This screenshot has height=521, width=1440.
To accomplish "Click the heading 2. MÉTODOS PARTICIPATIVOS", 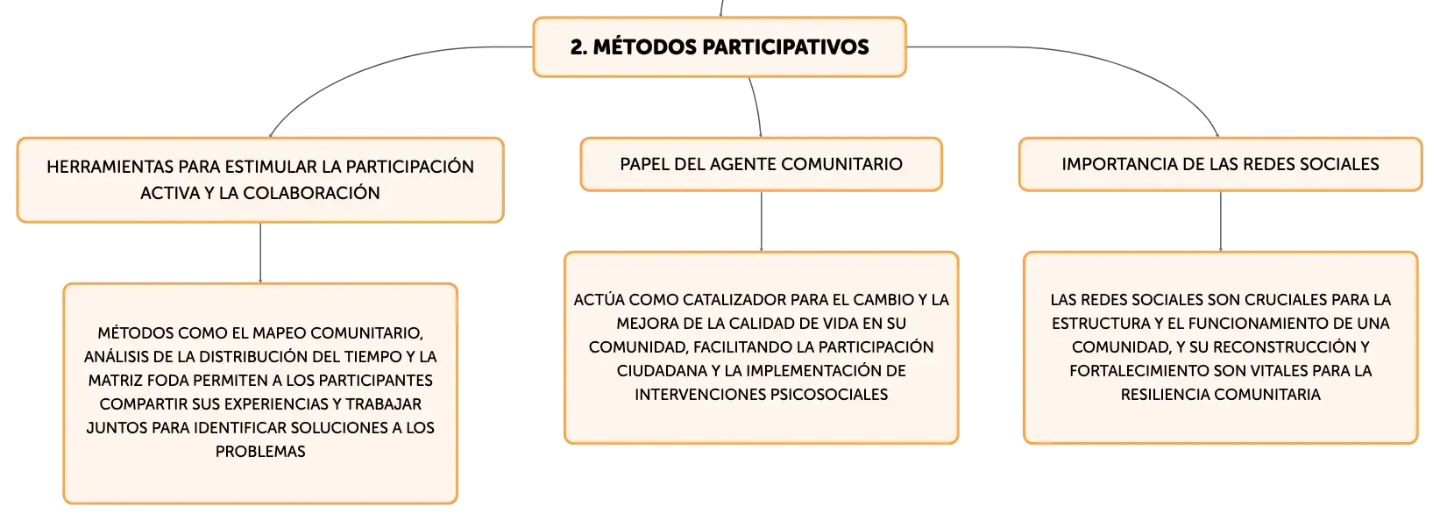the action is pyautogui.click(x=720, y=47).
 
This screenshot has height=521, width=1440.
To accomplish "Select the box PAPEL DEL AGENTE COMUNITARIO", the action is pyautogui.click(x=761, y=164).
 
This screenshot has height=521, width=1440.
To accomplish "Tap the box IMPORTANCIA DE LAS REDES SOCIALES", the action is pyautogui.click(x=1220, y=164).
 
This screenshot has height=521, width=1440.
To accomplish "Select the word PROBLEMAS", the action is pyautogui.click(x=260, y=452).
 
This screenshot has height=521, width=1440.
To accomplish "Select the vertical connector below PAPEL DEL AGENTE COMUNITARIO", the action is pyautogui.click(x=761, y=221).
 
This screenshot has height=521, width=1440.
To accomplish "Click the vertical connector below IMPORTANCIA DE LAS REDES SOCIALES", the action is pyautogui.click(x=1220, y=221).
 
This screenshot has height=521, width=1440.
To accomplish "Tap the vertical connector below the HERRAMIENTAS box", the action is pyautogui.click(x=260, y=253).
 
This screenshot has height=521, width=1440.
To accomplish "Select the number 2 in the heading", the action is pyautogui.click(x=578, y=47).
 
